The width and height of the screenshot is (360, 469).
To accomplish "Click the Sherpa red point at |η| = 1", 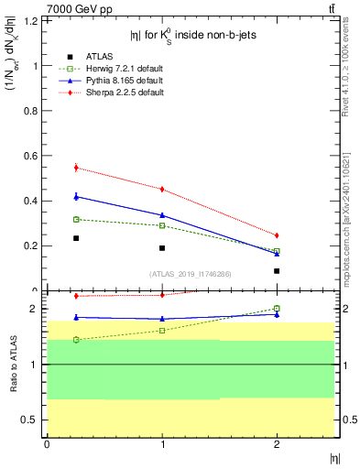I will coord(162,190).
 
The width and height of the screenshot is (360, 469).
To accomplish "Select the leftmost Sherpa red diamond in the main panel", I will coord(76,168).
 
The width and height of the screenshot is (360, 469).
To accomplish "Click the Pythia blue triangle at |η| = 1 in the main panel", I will coord(162,215).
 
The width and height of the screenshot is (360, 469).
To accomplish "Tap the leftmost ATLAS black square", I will coord(76,238).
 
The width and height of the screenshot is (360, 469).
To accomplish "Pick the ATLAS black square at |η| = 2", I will coord(277,271).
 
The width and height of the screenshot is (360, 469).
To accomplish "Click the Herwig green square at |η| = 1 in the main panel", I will coord(162,225).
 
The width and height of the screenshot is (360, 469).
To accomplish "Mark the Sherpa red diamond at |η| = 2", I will coord(277,235).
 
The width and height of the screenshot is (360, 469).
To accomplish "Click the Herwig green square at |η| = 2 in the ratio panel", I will coord(277,309).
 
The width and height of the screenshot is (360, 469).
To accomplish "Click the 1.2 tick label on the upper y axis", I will coord(35,20).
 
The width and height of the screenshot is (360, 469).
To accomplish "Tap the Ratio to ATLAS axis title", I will coord(13,365).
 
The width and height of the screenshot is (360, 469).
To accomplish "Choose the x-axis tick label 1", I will coord(162,444).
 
